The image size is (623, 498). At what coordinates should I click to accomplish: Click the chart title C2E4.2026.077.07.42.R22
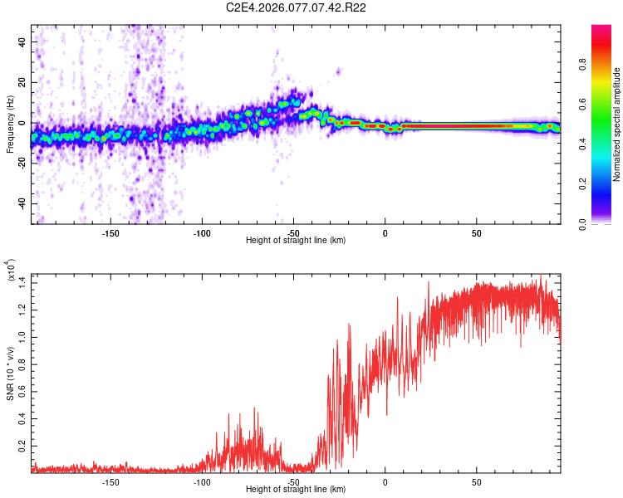(x=297, y=7)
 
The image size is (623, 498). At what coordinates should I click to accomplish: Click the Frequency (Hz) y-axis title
(x=10, y=124)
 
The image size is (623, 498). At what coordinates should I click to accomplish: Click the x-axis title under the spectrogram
(x=296, y=241)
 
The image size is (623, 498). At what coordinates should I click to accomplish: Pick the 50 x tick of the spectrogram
(x=477, y=232)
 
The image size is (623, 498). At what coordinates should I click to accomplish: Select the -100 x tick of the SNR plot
(x=202, y=481)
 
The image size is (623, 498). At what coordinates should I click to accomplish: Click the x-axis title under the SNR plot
(x=296, y=490)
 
